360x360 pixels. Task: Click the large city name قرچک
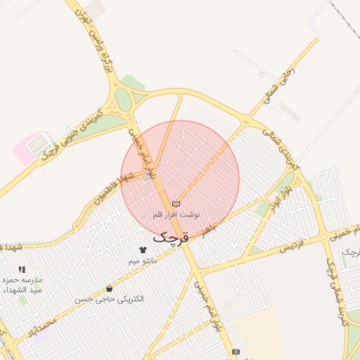pyautogui.click(x=171, y=237)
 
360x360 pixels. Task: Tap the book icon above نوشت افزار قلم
pyautogui.click(x=176, y=204)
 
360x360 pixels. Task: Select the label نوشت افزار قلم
pyautogui.click(x=176, y=214)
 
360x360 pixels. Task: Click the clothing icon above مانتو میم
pyautogui.click(x=143, y=250)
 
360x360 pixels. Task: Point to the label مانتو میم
pyautogui.click(x=143, y=261)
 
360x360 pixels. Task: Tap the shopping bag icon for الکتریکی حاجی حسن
pyautogui.click(x=109, y=288)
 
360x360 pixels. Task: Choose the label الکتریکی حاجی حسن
pyautogui.click(x=109, y=299)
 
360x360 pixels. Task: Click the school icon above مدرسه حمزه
pyautogui.click(x=22, y=269)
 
